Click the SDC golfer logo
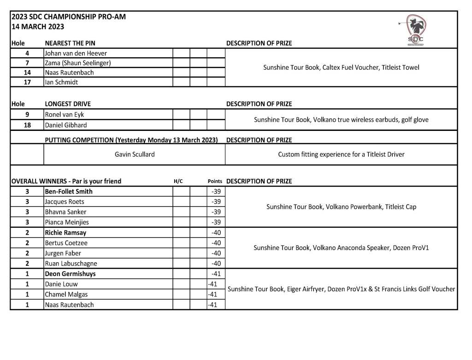coord(415,30)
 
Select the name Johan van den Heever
coord(76,53)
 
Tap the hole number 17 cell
coord(27,82)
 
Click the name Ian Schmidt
coord(61,82)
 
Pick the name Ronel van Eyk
coord(65,114)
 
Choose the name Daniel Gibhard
coord(66,125)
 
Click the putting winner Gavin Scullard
coord(135,154)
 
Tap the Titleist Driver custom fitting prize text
coord(341,154)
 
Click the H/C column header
coord(178,181)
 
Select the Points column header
coord(215,181)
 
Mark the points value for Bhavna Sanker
coord(216,212)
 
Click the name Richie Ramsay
coord(65,233)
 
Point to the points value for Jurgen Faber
coord(216,253)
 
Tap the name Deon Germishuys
coord(70,274)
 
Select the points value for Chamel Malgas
coord(212,294)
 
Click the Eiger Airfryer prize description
coord(341,289)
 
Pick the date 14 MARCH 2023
coord(38,27)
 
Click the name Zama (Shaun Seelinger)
coord(78,63)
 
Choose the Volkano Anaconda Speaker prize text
coord(341,248)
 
